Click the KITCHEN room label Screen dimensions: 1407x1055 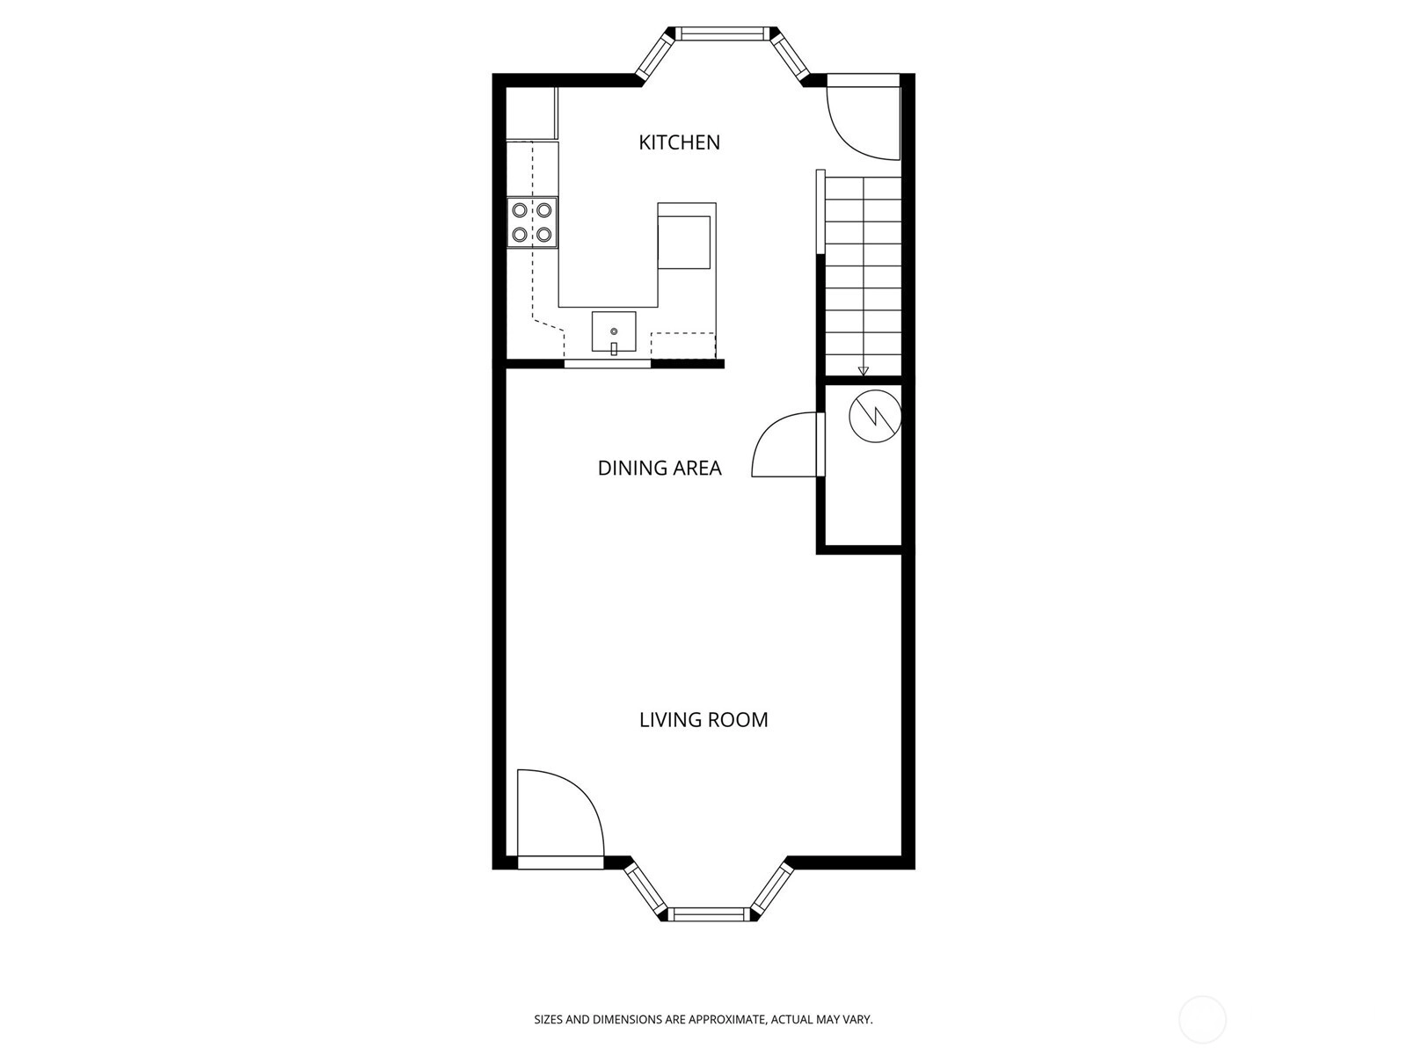click(x=679, y=142)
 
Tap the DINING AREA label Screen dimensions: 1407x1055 click(x=660, y=469)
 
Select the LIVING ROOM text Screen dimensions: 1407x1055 click(x=703, y=720)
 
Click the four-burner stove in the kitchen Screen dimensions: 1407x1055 click(x=532, y=222)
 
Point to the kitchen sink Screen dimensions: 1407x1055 click(x=614, y=331)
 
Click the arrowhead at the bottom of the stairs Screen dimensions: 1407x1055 click(x=863, y=371)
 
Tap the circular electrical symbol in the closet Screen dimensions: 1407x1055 click(x=875, y=416)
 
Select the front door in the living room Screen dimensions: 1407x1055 click(x=560, y=819)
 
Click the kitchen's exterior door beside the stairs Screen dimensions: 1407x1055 click(x=862, y=118)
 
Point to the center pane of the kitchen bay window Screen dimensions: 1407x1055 click(x=723, y=33)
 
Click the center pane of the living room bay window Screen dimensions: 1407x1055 click(x=709, y=914)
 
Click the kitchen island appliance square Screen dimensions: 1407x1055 click(x=684, y=242)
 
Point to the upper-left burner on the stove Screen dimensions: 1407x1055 click(x=520, y=210)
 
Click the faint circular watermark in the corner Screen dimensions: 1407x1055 click(x=1202, y=1019)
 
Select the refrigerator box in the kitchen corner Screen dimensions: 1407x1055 click(x=532, y=113)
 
